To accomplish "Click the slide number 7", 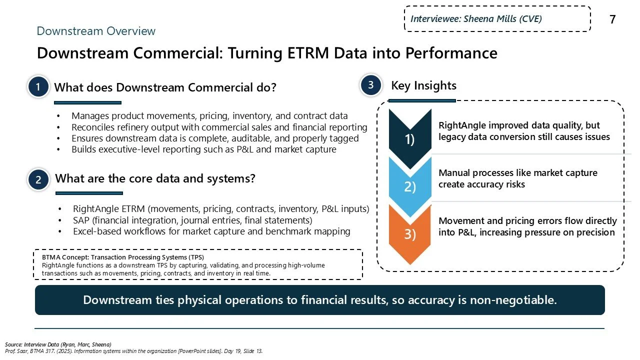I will pyautogui.click(x=612, y=19).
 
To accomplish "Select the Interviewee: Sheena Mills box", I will pyautogui.click(x=497, y=19).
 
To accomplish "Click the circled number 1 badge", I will pyautogui.click(x=38, y=87).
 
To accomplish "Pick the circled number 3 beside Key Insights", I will pyautogui.click(x=371, y=85).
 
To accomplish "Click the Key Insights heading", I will pyautogui.click(x=423, y=85).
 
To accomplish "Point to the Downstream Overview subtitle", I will pyautogui.click(x=96, y=31).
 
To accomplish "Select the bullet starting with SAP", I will pyautogui.click(x=192, y=220).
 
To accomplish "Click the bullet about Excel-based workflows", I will pyautogui.click(x=211, y=231).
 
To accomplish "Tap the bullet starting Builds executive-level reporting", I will pyautogui.click(x=203, y=149).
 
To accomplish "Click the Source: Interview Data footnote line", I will pyautogui.click(x=58, y=344).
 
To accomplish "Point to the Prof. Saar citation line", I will pyautogui.click(x=133, y=351).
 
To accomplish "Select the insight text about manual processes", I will pyautogui.click(x=517, y=178).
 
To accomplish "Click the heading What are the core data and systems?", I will pyautogui.click(x=155, y=178).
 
